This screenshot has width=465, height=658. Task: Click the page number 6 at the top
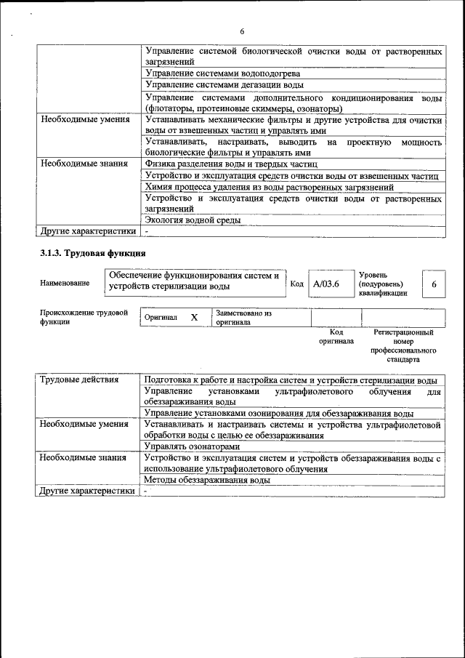click(242, 31)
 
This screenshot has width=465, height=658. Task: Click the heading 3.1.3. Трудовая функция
click(93, 254)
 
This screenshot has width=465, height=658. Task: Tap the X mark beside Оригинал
click(194, 318)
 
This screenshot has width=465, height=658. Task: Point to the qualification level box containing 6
click(434, 284)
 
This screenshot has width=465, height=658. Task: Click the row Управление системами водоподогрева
click(222, 73)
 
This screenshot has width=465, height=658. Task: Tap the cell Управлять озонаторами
click(192, 446)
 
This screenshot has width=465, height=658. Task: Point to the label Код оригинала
click(336, 336)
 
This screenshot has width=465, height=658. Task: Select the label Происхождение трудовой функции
click(84, 317)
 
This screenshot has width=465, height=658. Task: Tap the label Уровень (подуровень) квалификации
click(384, 284)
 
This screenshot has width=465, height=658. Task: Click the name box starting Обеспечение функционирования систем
click(194, 281)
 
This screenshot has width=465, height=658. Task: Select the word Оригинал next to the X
click(161, 318)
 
